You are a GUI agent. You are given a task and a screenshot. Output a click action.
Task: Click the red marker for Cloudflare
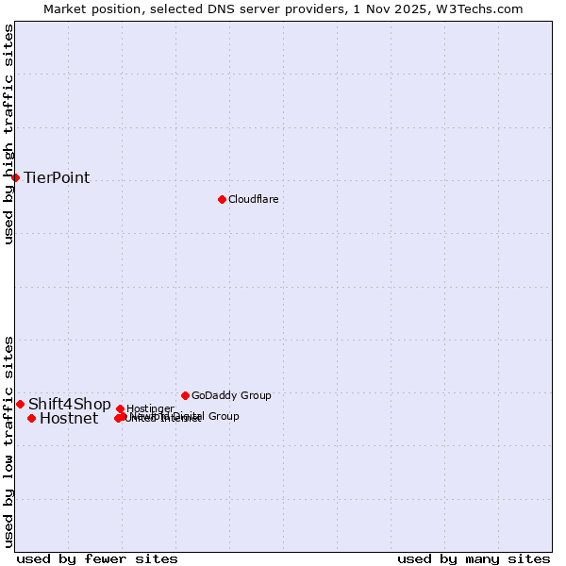click(222, 199)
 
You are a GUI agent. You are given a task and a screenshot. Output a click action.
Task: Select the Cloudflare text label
click(253, 199)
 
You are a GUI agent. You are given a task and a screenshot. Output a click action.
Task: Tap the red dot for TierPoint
click(15, 177)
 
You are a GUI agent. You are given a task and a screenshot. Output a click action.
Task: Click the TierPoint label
click(57, 177)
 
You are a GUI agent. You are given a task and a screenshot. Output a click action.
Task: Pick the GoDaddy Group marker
click(185, 395)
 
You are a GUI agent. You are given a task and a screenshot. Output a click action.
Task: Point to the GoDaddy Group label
click(231, 395)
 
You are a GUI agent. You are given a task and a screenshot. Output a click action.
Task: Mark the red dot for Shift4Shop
click(20, 404)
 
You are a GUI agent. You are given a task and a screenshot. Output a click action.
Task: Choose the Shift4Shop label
click(69, 405)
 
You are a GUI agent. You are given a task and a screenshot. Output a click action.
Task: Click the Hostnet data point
click(31, 418)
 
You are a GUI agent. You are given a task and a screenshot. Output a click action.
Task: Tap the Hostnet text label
click(68, 419)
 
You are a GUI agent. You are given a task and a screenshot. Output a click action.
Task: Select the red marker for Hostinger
click(120, 408)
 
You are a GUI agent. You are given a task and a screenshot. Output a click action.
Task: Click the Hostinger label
click(150, 408)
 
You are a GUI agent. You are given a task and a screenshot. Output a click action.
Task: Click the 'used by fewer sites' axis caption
click(97, 559)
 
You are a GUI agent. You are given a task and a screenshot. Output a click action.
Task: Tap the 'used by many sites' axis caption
click(474, 559)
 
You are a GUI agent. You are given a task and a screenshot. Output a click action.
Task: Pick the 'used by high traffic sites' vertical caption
click(8, 134)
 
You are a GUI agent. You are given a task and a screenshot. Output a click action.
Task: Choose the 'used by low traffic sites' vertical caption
click(8, 441)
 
